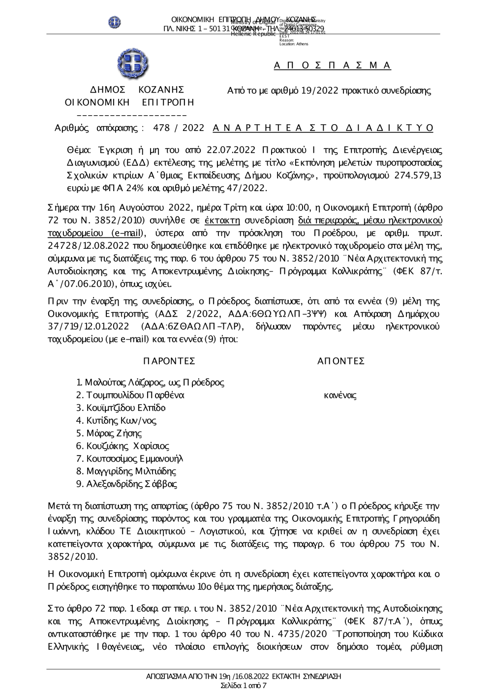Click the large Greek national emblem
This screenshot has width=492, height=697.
132,65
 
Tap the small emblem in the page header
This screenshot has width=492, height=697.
115,22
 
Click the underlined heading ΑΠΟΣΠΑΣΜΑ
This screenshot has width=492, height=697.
333,66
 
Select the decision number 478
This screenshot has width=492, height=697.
161,128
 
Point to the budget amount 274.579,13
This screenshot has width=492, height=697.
419,176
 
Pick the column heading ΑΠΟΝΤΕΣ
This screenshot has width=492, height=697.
341,361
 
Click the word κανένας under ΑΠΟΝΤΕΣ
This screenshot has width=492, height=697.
340,395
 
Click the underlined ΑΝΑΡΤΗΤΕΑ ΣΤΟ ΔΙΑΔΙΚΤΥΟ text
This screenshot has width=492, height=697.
323,128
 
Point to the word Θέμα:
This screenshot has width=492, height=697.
78,150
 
